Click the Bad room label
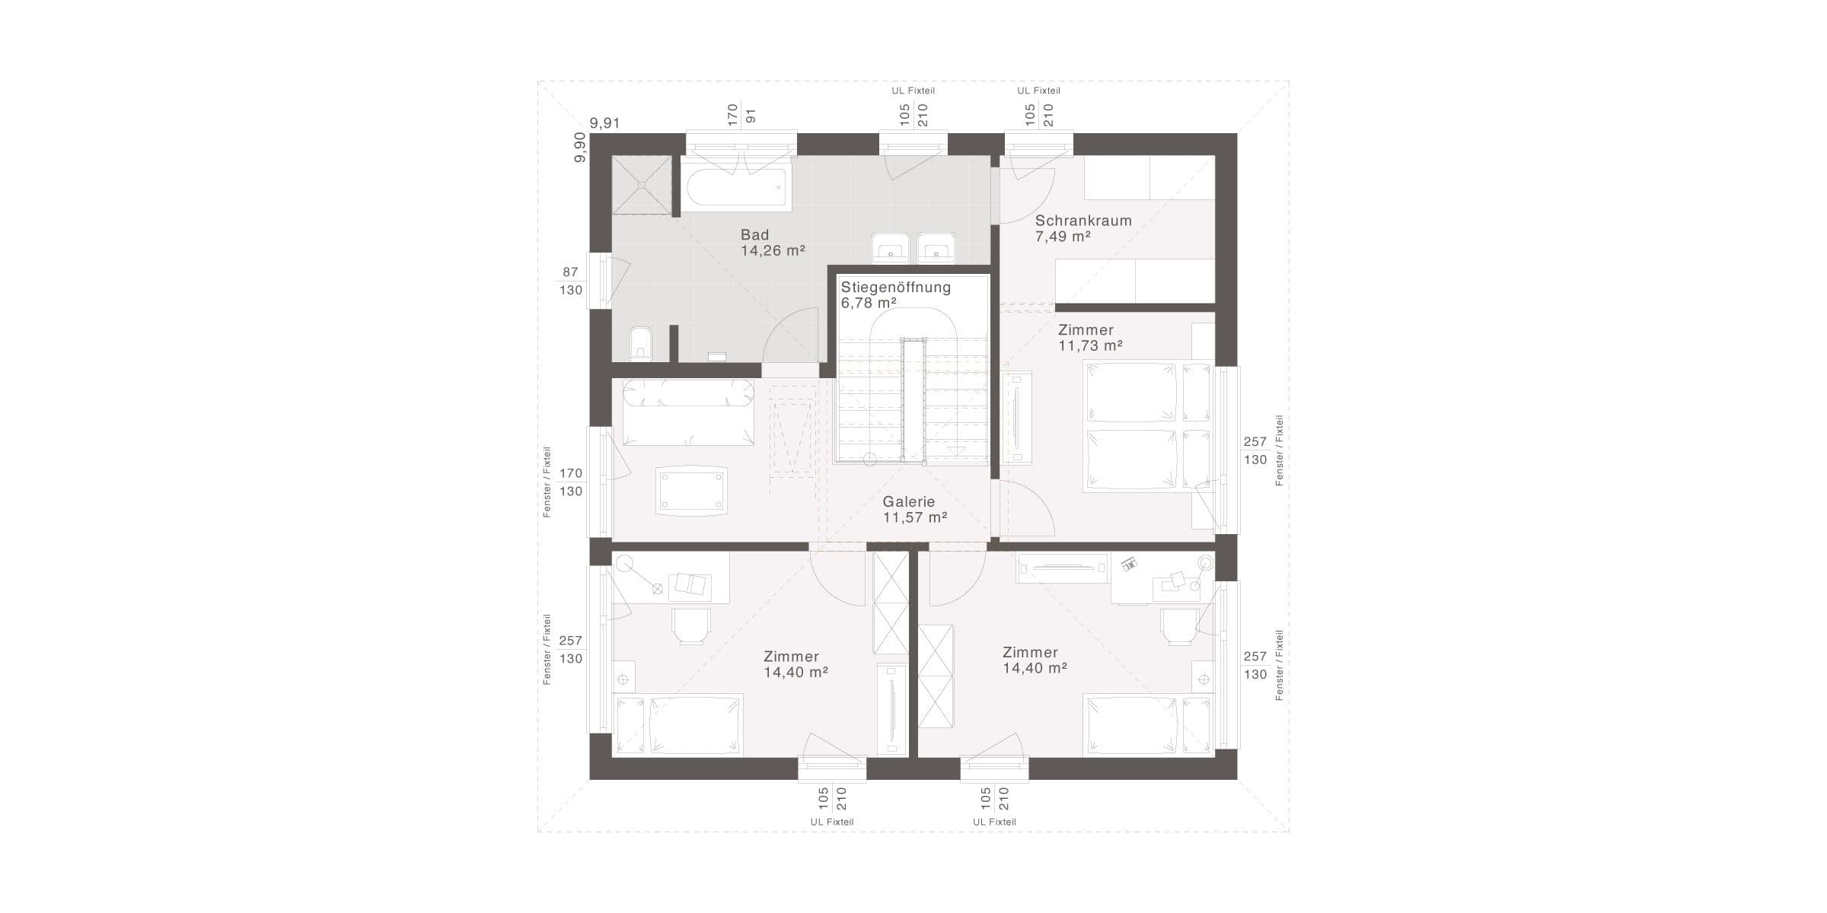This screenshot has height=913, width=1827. pyautogui.click(x=755, y=235)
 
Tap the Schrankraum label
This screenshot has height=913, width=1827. pyautogui.click(x=1083, y=221)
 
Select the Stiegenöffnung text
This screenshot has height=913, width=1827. pyautogui.click(x=896, y=288)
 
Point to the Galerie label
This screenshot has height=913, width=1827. pyautogui.click(x=909, y=502)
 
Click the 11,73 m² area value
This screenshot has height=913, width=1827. pyautogui.click(x=1091, y=345)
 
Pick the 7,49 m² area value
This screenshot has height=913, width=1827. pyautogui.click(x=1063, y=237)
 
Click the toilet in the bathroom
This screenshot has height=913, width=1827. pyautogui.click(x=640, y=344)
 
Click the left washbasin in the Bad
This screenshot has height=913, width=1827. pyautogui.click(x=890, y=246)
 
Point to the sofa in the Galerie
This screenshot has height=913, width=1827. pyautogui.click(x=688, y=412)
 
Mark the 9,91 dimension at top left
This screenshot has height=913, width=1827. pyautogui.click(x=605, y=123)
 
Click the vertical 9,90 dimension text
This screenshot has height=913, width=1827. pyautogui.click(x=580, y=147)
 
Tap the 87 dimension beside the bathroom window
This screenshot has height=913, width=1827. pyautogui.click(x=571, y=272)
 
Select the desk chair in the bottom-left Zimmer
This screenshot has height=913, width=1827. pyautogui.click(x=158, y=626)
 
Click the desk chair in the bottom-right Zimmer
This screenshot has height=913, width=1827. pyautogui.click(x=1179, y=626)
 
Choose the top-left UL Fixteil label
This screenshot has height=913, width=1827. pyautogui.click(x=913, y=91)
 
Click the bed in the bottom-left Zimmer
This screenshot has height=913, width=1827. pyautogui.click(x=678, y=725)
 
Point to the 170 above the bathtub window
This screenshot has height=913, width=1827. pyautogui.click(x=732, y=115)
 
